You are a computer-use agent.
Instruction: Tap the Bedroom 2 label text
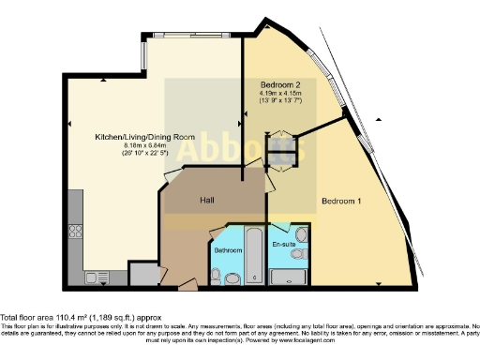[x=280, y=84]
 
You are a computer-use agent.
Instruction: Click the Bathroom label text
[x=228, y=251]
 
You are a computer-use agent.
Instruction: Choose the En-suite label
[x=282, y=245]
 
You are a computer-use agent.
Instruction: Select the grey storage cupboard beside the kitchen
[x=144, y=275]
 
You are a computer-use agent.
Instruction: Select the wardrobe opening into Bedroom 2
[x=280, y=150]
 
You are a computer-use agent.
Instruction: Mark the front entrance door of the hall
[x=188, y=283]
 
